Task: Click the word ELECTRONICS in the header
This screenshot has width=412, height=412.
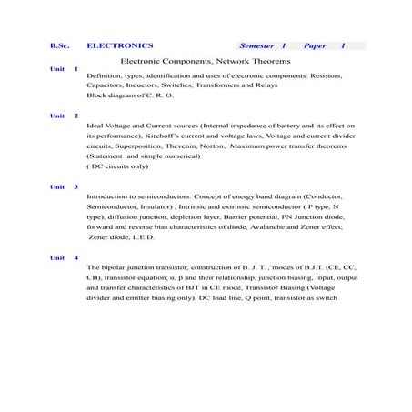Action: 119,45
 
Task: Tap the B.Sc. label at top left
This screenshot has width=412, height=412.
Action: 60,45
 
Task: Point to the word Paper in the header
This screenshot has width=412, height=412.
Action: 316,45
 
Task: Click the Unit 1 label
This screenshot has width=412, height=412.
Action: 64,69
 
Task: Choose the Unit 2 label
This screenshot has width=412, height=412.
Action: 64,116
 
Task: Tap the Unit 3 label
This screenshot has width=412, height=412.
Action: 64,186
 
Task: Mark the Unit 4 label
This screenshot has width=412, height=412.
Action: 64,258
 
